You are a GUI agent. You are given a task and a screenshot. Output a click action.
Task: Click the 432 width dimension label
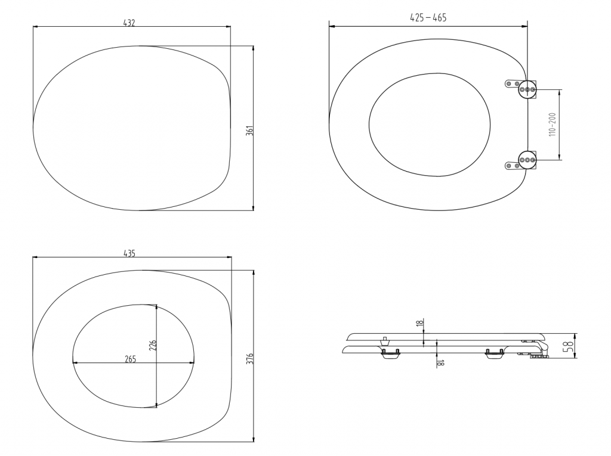point(129,23)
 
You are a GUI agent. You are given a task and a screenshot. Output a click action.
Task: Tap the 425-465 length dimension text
point(428,17)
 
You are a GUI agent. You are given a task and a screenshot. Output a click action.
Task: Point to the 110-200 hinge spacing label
point(553,125)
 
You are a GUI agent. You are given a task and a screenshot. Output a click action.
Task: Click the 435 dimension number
point(129,253)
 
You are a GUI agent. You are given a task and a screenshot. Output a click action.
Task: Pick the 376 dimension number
point(250,359)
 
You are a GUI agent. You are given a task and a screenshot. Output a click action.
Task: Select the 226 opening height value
point(153,345)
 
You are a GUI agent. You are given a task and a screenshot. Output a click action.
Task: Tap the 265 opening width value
point(130,359)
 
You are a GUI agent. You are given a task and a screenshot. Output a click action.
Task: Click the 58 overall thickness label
point(570,345)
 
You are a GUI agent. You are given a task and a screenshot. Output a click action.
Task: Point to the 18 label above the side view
point(419,323)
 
